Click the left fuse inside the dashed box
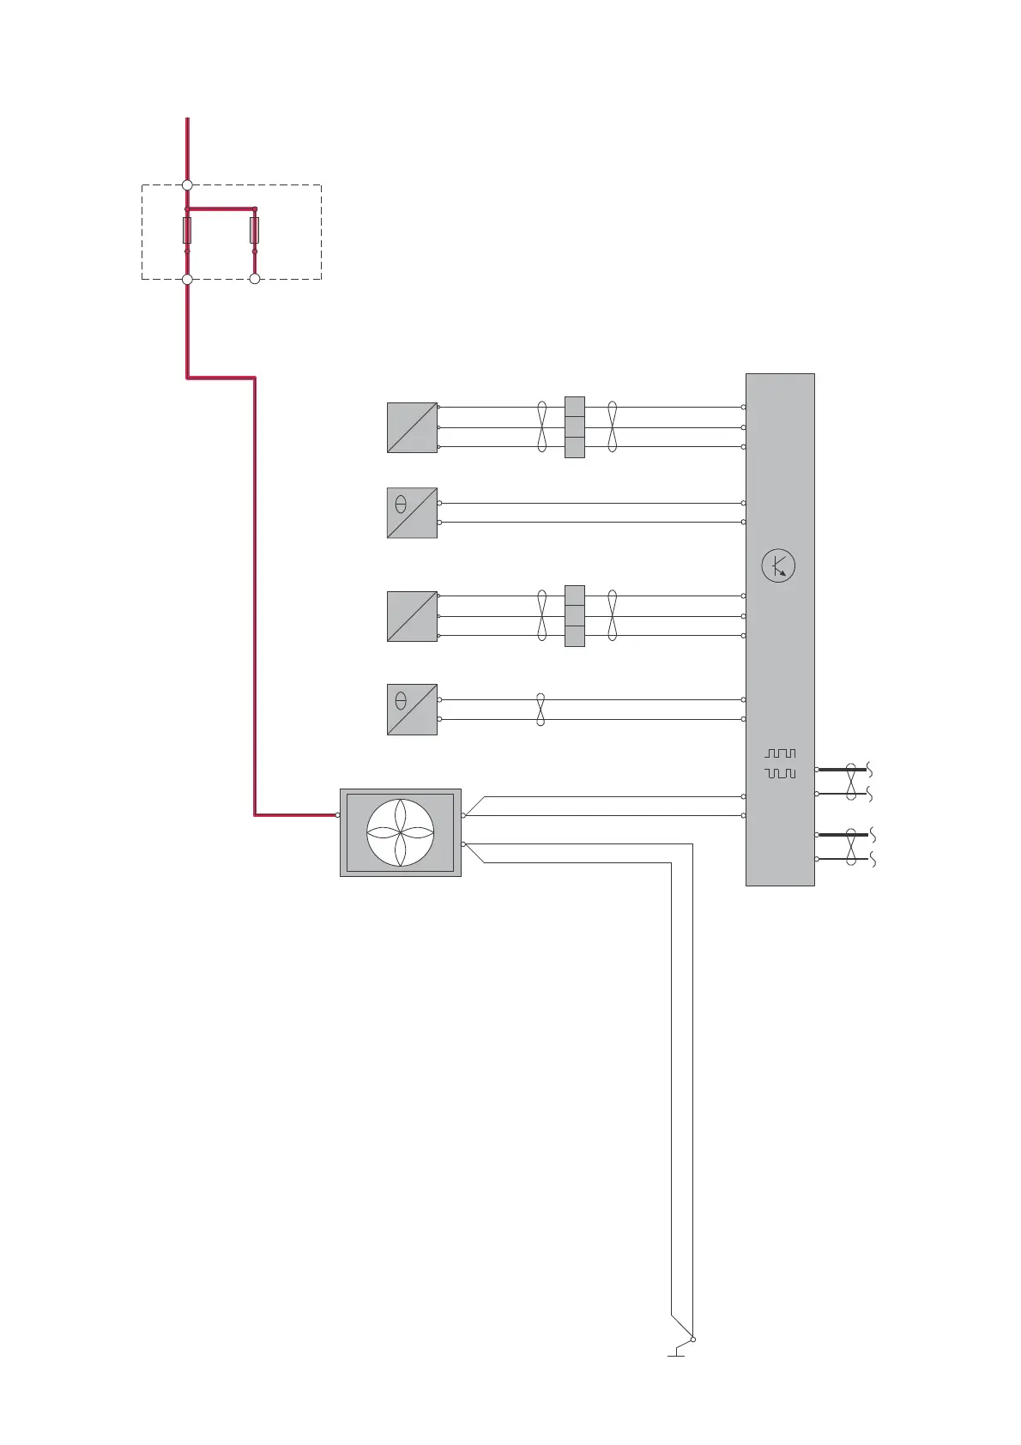coord(187,230)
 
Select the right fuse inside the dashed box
coord(254,230)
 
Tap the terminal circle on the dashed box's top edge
coord(187,184)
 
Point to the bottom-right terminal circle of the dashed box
coord(254,279)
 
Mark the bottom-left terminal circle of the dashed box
coord(187,279)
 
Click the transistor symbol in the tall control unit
coord(778,566)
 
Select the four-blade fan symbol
coord(400,832)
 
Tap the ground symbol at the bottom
coord(677,1352)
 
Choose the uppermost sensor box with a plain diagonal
coord(412,427)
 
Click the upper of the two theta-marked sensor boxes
coord(412,513)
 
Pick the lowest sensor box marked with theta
coord(412,710)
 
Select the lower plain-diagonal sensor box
coord(412,616)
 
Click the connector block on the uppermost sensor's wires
coord(574,427)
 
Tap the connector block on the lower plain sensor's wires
coord(574,616)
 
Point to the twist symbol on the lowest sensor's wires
coord(541,710)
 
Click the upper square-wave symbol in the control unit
coord(780,753)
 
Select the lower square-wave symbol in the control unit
coord(780,773)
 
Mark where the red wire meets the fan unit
coord(338,815)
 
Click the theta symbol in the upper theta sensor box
coord(401,505)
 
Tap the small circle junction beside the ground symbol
coord(693,1339)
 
